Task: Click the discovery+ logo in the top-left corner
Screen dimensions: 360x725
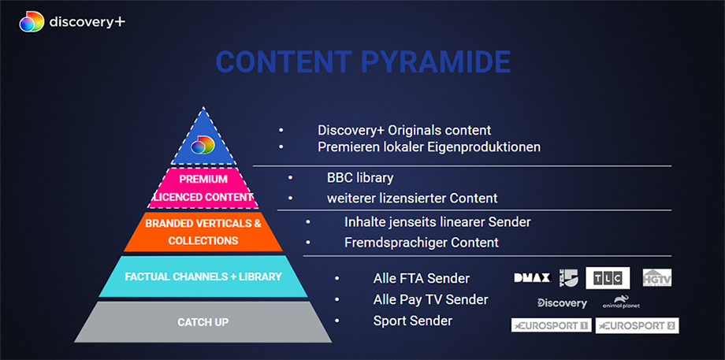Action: click(72, 21)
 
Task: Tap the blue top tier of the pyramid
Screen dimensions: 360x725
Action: click(203, 139)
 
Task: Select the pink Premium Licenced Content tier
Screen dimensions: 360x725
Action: click(203, 187)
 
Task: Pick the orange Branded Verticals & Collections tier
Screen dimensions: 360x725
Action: click(203, 232)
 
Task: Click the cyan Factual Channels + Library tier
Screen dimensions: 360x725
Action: click(203, 276)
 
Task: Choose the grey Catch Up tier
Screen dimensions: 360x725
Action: click(203, 321)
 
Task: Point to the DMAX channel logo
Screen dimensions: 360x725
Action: click(531, 277)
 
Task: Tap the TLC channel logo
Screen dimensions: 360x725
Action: click(607, 278)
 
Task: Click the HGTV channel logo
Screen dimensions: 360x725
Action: click(656, 277)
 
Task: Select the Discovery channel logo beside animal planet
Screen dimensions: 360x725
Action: click(562, 302)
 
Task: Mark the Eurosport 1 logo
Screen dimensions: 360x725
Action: click(551, 325)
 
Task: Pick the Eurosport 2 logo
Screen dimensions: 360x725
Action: click(637, 325)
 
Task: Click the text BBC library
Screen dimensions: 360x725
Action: click(360, 177)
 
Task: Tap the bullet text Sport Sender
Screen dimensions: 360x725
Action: click(413, 321)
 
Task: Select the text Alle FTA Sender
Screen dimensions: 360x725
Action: click(421, 278)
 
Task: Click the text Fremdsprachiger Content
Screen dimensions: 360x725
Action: click(422, 242)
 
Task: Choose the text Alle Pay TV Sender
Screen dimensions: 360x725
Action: click(430, 299)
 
